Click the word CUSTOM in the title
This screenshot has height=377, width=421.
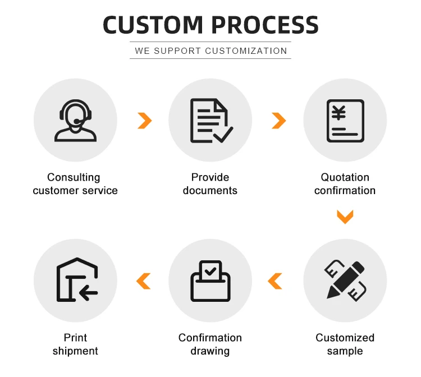(152, 25)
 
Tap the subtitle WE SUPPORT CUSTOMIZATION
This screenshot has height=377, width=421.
(210, 50)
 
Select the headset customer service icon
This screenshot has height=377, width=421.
(75, 120)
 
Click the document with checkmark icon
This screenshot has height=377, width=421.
(210, 120)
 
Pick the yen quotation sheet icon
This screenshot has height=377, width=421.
(345, 120)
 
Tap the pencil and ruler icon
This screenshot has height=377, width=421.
(345, 280)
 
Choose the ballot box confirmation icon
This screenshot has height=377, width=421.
(210, 280)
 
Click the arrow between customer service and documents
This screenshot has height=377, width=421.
(145, 120)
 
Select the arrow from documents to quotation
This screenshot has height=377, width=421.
(278, 120)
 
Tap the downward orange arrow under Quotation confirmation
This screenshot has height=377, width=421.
(345, 217)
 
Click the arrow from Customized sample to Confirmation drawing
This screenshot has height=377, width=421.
(275, 281)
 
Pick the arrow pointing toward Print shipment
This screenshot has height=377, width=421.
(144, 281)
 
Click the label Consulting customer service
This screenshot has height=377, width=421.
(75, 184)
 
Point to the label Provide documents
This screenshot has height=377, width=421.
(210, 184)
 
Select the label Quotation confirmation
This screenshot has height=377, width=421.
(345, 184)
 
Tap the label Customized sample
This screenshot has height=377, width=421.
(345, 344)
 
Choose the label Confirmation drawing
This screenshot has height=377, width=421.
(210, 344)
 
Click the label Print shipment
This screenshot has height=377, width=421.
(75, 344)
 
